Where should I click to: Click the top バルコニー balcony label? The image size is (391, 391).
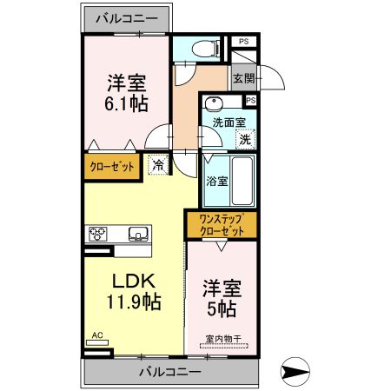pos(126,17)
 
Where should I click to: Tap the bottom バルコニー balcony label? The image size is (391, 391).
pos(170,372)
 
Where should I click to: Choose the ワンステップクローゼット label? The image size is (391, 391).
pos(222,225)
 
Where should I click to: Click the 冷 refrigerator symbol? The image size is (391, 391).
pos(158,162)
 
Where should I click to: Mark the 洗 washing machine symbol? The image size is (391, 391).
pos(246,138)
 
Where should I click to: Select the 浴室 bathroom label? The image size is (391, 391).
pos(217,182)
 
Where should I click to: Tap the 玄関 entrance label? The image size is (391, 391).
pos(244,78)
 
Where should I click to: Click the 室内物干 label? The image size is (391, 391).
pos(222,340)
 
